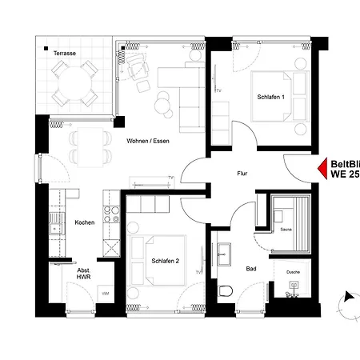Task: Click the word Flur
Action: click(242, 173)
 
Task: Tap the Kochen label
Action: click(85, 222)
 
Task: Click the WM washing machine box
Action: click(105, 293)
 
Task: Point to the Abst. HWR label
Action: click(83, 274)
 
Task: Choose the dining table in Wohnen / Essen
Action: click(88, 144)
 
